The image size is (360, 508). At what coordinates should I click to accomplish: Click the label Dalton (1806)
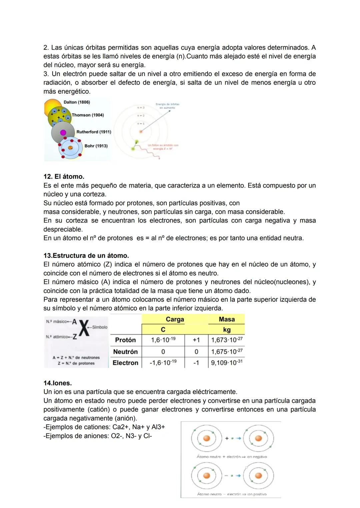pyautogui.click(x=77, y=102)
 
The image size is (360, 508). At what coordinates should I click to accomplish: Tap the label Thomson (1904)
pyautogui.click(x=88, y=115)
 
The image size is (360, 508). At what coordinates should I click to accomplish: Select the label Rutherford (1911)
pyautogui.click(x=94, y=132)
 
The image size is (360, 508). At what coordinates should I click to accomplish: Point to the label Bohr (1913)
pyautogui.click(x=96, y=146)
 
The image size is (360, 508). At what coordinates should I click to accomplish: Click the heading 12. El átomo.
pyautogui.click(x=64, y=177)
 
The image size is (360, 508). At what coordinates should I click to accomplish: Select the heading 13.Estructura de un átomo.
pyautogui.click(x=86, y=256)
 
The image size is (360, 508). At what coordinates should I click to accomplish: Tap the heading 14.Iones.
pyautogui.click(x=57, y=383)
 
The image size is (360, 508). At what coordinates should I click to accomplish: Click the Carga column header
pyautogui.click(x=175, y=319)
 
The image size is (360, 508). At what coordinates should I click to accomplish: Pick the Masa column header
pyautogui.click(x=227, y=319)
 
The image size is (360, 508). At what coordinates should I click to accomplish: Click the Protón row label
pyautogui.click(x=125, y=340)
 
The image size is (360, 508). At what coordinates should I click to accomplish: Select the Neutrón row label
pyautogui.click(x=125, y=352)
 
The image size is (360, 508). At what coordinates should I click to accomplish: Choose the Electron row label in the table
pyautogui.click(x=125, y=363)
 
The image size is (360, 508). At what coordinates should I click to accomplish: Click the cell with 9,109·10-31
pyautogui.click(x=227, y=363)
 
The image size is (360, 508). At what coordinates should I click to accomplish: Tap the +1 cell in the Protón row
pyautogui.click(x=196, y=340)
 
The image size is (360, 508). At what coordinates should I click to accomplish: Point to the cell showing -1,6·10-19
pyautogui.click(x=163, y=363)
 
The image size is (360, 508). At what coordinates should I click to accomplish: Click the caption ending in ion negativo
pyautogui.click(x=232, y=457)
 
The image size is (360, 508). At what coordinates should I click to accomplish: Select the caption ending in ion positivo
pyautogui.click(x=232, y=494)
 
